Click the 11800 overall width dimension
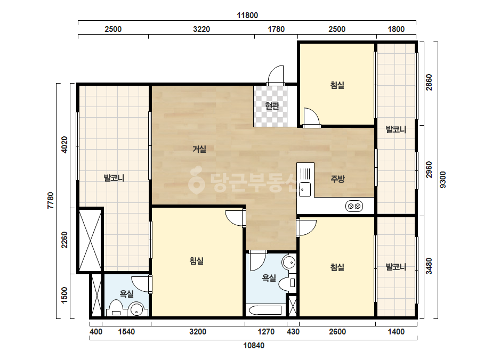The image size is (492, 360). click(247, 15)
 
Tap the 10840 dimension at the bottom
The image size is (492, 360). click(254, 346)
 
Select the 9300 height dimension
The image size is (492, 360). click(443, 179)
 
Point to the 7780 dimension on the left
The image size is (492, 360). click(50, 201)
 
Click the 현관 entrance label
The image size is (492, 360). click(272, 106)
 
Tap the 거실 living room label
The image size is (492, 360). click(199, 149)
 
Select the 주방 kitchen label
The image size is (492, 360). click(337, 179)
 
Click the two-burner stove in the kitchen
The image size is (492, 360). click(354, 206)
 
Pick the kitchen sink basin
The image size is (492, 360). click(305, 190)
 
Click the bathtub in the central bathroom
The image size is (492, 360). click(265, 310)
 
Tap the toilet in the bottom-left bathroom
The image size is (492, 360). click(116, 308)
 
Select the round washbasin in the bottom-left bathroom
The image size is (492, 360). click(137, 309)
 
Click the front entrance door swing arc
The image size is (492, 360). click(276, 73)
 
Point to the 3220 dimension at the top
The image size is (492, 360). click(201, 29)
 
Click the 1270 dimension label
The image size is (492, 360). click(266, 332)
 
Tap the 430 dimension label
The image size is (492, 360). click(293, 332)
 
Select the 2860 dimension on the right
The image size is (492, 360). click(429, 82)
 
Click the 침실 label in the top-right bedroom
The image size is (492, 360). click(337, 85)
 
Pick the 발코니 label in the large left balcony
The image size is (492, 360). click(114, 178)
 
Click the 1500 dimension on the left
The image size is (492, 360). click(64, 295)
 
